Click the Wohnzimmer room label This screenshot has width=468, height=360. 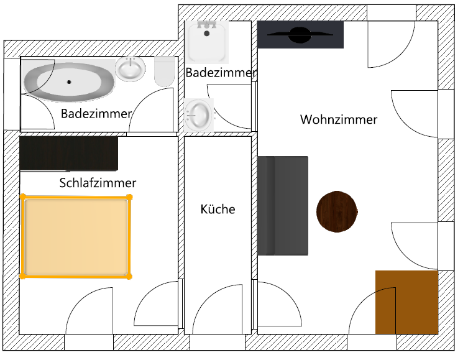(338, 119)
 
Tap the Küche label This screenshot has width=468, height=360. (218, 209)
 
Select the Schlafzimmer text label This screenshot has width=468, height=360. (98, 183)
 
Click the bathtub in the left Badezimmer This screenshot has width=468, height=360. (68, 81)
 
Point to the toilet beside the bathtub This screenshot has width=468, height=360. (165, 72)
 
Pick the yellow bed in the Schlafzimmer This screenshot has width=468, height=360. (76, 236)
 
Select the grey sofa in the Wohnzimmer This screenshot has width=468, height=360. (283, 206)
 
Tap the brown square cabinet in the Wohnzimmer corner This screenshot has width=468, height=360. (406, 302)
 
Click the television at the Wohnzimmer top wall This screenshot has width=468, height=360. (300, 35)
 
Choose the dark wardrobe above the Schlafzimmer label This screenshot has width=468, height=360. (68, 154)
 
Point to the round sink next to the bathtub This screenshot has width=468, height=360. (130, 69)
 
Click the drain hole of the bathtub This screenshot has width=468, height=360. (68, 81)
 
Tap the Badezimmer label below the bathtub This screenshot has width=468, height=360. (96, 114)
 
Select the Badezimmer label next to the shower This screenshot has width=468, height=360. (221, 73)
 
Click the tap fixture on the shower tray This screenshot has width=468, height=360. (208, 25)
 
